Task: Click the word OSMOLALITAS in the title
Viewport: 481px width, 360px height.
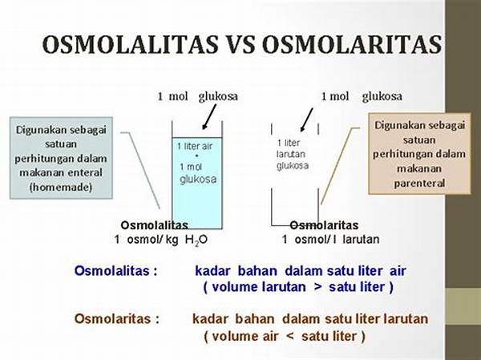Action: click(130, 44)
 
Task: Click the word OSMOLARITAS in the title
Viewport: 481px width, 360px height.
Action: click(352, 44)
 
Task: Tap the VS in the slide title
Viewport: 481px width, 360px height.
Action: click(240, 44)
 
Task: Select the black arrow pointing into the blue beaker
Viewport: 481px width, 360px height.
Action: click(209, 116)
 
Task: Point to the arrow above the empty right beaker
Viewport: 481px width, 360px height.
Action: click(307, 119)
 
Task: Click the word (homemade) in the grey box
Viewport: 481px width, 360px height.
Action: click(61, 187)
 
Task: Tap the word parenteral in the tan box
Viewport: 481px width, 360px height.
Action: click(419, 184)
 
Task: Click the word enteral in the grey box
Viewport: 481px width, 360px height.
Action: click(85, 172)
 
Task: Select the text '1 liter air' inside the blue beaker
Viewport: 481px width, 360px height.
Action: click(195, 146)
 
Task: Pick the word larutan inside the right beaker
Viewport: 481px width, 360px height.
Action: click(291, 154)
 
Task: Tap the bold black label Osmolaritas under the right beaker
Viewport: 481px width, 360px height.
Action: click(324, 225)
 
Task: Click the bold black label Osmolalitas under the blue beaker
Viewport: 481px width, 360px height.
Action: click(154, 225)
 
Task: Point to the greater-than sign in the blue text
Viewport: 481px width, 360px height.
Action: click(317, 287)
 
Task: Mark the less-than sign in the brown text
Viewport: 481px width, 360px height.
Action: click(290, 337)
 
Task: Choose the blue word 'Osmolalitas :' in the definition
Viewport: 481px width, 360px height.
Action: click(116, 271)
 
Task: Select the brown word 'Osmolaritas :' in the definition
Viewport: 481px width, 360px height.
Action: click(117, 318)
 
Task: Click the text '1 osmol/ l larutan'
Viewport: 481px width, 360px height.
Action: click(330, 240)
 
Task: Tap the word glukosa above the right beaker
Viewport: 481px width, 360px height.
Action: click(382, 97)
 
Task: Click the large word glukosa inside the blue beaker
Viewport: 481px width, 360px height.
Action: click(198, 179)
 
